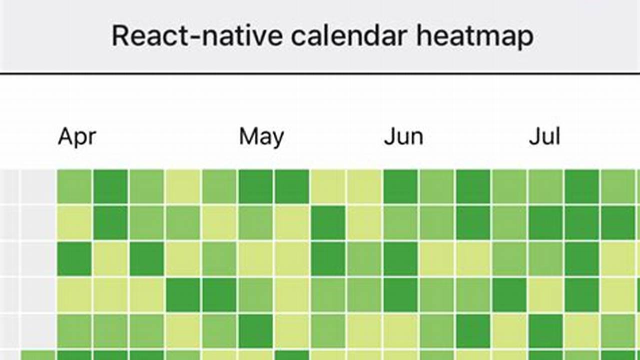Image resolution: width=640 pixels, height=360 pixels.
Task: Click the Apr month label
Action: tap(77, 136)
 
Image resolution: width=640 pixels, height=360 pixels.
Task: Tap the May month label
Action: tap(261, 136)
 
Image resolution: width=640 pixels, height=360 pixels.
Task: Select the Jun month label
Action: tap(403, 136)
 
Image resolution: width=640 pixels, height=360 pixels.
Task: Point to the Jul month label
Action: tap(544, 136)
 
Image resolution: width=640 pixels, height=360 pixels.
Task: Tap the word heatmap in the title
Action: tap(475, 36)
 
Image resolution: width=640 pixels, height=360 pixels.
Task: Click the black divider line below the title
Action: tap(320, 73)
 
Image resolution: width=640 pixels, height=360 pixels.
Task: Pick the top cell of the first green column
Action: tap(74, 186)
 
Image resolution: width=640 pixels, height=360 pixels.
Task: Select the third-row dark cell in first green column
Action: tap(74, 258)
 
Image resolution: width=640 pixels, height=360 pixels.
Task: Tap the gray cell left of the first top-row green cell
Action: tap(38, 186)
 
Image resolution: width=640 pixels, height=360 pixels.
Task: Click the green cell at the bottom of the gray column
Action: tap(38, 355)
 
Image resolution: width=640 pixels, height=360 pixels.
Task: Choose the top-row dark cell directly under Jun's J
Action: tap(400, 186)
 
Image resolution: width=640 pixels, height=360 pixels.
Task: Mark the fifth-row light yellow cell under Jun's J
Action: tap(400, 330)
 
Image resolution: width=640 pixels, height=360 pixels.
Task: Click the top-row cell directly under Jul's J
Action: tap(545, 186)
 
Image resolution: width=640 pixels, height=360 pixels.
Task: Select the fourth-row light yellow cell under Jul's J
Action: tap(545, 294)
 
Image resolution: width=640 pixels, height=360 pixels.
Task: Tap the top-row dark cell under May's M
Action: tap(255, 186)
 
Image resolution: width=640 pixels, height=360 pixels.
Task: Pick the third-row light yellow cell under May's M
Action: tap(255, 258)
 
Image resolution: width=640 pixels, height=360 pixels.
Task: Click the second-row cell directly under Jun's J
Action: tap(400, 222)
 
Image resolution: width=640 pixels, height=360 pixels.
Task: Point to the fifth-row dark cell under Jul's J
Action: tap(545, 330)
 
